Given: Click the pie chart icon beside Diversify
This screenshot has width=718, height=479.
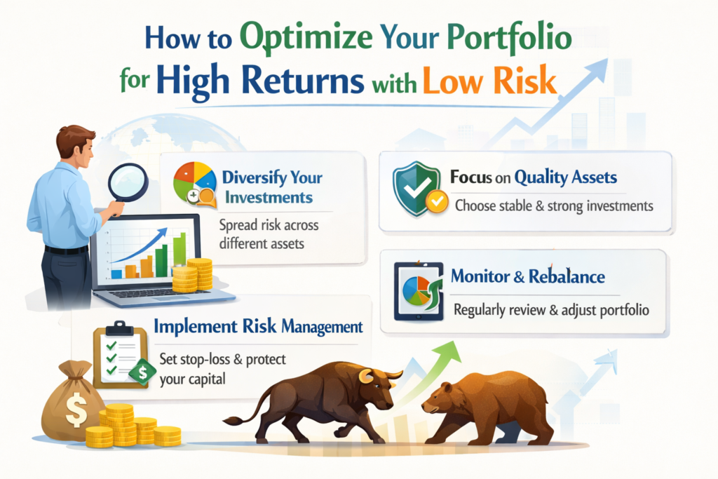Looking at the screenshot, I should click(194, 182).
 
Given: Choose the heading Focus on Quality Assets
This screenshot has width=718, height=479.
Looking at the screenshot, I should click(535, 178).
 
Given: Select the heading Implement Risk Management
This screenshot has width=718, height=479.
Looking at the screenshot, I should click(258, 327).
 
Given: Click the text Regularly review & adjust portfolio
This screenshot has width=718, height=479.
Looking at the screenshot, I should click(550, 309).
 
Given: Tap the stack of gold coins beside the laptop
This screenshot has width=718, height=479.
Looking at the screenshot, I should click(194, 275).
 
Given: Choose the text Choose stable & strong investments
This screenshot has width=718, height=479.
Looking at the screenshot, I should click(553, 206).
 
